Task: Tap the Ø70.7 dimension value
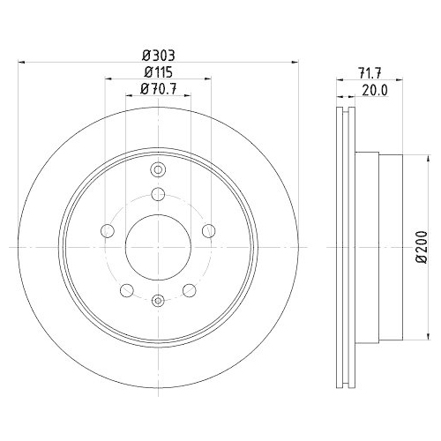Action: tap(158, 88)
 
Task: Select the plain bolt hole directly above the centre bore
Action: tap(158, 195)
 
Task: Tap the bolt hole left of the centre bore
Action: tap(108, 231)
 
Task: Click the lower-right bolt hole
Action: tap(189, 289)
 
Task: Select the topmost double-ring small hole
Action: tap(158, 170)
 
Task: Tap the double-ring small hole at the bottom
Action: tap(158, 302)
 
